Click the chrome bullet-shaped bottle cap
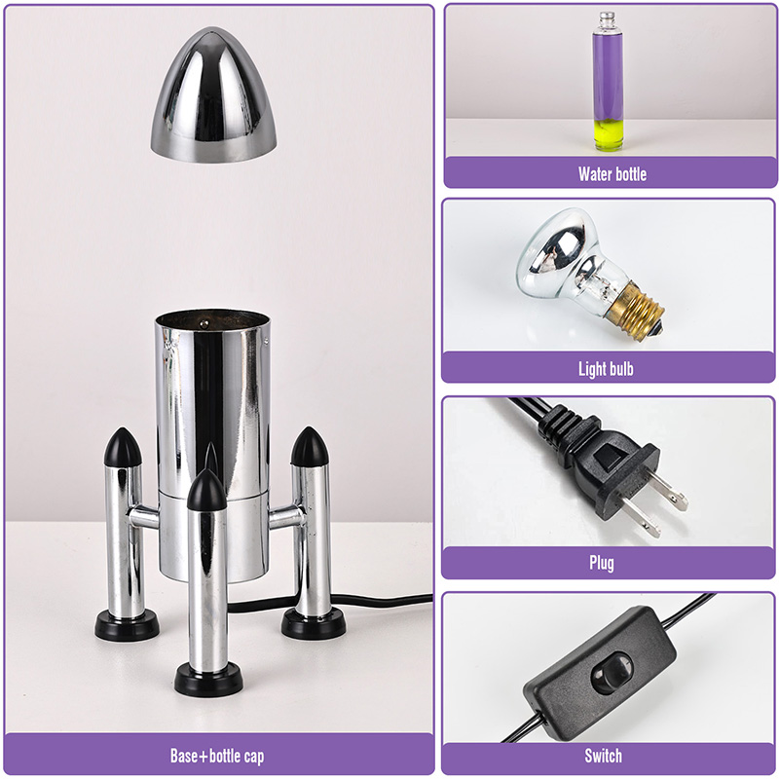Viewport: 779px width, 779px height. pos(213,94)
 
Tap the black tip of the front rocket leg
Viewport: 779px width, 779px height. pos(206,491)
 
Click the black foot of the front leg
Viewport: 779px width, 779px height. pos(208,679)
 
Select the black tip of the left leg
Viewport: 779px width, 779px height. pos(123,448)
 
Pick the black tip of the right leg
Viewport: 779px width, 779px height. pos(310,447)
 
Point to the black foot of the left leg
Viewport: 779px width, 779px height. pos(128,624)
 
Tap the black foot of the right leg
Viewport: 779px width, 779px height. pos(314,623)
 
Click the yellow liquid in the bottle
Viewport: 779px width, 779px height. pos(608,134)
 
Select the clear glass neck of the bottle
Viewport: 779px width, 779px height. pos(607,21)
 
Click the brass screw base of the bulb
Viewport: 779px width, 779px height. pos(636,311)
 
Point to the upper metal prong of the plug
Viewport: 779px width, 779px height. pos(669,491)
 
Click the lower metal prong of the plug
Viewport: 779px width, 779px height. pos(642,517)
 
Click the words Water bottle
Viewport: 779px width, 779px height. pos(612,174)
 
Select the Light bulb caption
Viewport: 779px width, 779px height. pos(606,369)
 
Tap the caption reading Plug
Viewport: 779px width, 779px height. pos(602,564)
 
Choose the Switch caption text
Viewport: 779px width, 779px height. pos(603,756)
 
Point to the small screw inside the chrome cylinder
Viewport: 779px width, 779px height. pos(204,324)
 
